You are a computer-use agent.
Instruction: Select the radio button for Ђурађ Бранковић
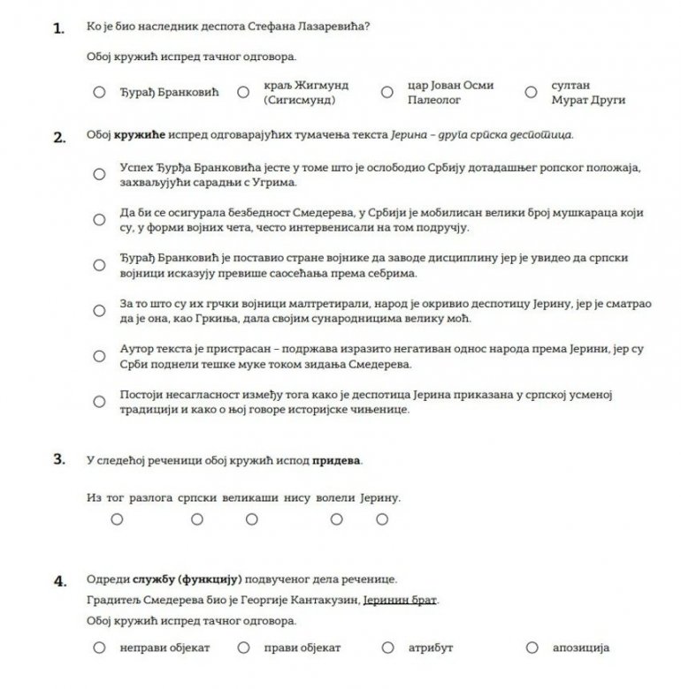[98, 92]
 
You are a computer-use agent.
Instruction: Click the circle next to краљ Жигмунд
[241, 92]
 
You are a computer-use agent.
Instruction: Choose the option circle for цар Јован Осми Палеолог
[386, 92]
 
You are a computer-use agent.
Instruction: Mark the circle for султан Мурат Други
[530, 92]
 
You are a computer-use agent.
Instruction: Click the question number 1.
[58, 28]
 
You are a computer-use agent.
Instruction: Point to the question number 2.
[58, 137]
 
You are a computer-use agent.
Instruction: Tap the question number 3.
[58, 459]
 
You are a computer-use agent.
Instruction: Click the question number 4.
[58, 580]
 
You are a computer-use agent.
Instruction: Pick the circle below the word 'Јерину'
[382, 519]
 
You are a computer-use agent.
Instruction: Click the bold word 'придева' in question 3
[339, 460]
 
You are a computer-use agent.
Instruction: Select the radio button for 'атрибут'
[386, 647]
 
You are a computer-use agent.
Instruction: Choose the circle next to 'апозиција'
[530, 647]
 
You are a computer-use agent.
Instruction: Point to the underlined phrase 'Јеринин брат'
[400, 601]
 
